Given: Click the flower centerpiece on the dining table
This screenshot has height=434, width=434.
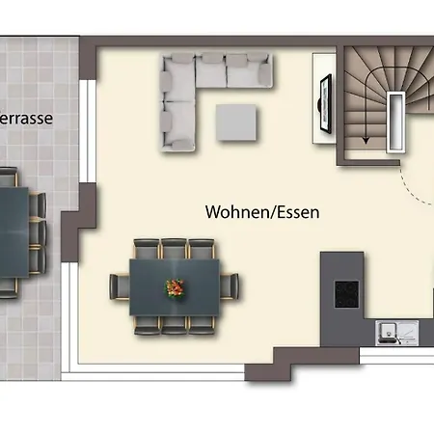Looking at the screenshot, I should click(176, 287).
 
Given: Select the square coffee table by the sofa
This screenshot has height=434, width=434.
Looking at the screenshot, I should click(236, 122).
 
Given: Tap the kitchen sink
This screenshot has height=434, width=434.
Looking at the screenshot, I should click(390, 333).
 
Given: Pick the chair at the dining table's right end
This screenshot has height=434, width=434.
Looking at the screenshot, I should click(231, 286).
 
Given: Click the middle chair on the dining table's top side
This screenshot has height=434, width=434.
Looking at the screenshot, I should click(176, 248).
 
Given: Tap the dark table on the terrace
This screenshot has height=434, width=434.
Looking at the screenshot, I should click(12, 229).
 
